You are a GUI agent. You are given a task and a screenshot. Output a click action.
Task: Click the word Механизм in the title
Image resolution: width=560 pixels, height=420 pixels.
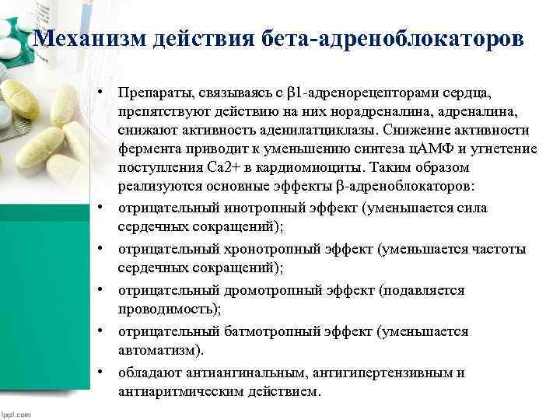86,38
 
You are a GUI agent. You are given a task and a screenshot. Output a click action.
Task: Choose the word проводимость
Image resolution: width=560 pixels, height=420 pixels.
168,309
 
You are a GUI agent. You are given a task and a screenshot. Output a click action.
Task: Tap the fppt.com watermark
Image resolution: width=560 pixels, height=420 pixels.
16,413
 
